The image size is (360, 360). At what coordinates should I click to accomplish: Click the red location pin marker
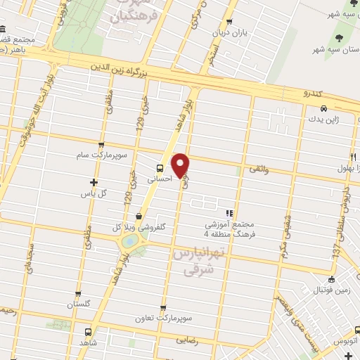(x=181, y=165)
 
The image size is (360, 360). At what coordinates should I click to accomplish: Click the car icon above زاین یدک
(x=323, y=109)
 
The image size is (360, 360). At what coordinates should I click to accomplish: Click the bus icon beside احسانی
(x=161, y=167)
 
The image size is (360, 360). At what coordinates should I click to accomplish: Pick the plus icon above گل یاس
(x=94, y=182)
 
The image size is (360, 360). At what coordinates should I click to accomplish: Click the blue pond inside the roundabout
(x=129, y=241)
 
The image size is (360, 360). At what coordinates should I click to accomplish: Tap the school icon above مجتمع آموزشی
(x=229, y=213)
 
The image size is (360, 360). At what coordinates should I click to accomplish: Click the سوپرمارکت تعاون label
(x=163, y=318)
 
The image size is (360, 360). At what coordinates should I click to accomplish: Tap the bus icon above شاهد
(x=88, y=332)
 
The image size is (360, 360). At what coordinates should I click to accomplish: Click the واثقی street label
(x=257, y=170)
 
